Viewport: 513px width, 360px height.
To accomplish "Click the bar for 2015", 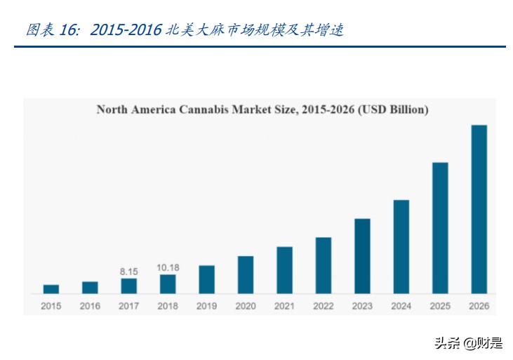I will tap(51, 288).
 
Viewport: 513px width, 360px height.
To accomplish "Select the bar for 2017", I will tap(129, 286).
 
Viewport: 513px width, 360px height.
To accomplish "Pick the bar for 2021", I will tap(284, 269).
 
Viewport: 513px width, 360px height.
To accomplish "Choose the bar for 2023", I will tap(362, 255).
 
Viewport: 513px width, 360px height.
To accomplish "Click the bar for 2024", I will tap(401, 246).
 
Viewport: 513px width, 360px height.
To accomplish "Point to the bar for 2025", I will tap(440, 227).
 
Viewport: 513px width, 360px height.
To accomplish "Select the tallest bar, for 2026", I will tap(479, 209).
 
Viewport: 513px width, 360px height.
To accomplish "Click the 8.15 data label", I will tap(129, 270).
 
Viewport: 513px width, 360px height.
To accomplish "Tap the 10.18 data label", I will tap(168, 267).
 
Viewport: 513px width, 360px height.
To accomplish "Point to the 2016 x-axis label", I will tap(90, 306).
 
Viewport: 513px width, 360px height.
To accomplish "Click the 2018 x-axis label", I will tap(168, 306).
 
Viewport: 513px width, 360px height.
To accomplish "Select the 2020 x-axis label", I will tap(246, 306).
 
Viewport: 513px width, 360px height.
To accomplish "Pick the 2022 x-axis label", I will tap(324, 306).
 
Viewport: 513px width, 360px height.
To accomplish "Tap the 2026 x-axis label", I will tap(479, 306).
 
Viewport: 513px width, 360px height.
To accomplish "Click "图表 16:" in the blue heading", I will tap(53, 30).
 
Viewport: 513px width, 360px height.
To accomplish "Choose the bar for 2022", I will tap(324, 265).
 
